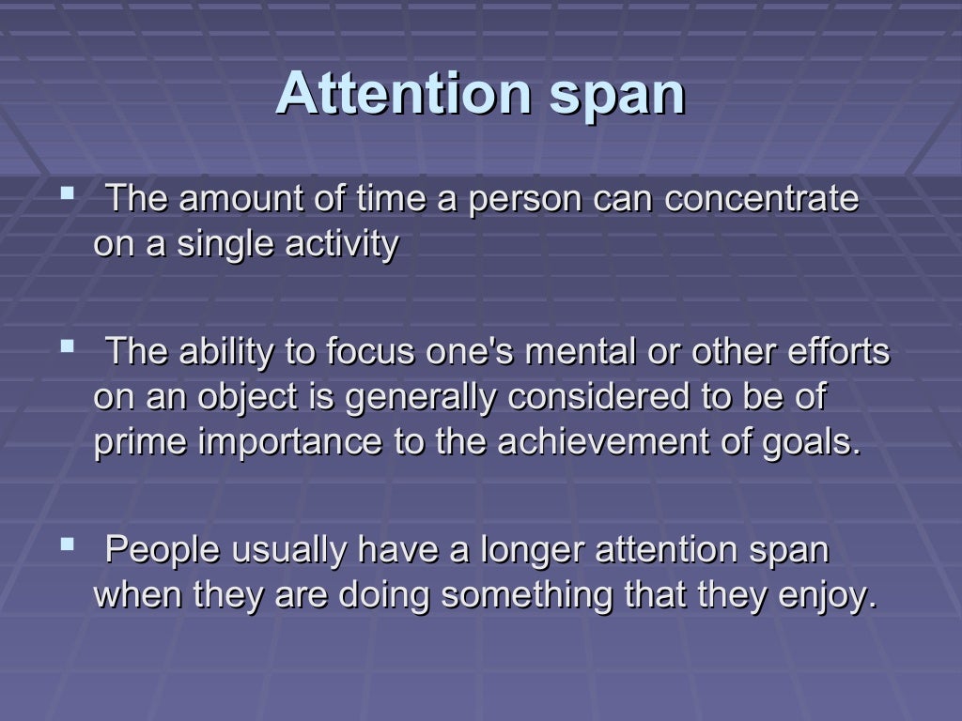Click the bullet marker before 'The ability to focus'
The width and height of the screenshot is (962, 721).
67,347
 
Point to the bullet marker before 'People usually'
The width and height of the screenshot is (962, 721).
67,545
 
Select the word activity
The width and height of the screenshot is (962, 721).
341,245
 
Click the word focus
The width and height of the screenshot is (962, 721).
370,352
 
